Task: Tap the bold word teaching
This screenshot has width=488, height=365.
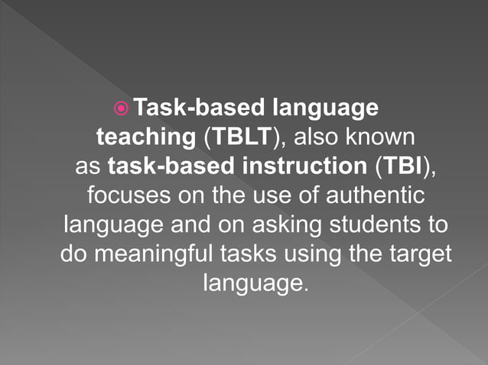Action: pyautogui.click(x=146, y=137)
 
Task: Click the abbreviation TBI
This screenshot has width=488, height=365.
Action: pyautogui.click(x=402, y=166)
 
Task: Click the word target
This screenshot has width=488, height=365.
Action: pyautogui.click(x=420, y=254)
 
